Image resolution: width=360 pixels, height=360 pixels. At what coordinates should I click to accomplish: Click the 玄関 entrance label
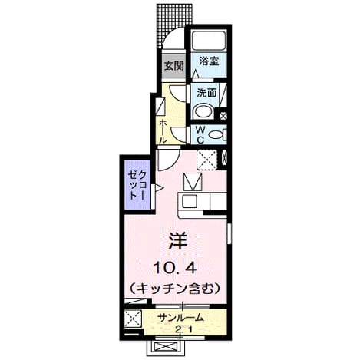coord(174,67)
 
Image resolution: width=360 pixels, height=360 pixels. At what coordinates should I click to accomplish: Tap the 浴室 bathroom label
coord(209,61)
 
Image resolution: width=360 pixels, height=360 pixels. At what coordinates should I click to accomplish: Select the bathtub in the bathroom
coord(209,40)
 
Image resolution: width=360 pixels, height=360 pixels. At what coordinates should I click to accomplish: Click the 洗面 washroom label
coord(206,93)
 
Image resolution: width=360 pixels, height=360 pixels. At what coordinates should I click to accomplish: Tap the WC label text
coord(200,135)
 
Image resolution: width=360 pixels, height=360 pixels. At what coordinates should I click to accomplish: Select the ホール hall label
coord(163,131)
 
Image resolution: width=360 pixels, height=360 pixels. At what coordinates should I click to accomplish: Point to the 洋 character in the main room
coord(177,241)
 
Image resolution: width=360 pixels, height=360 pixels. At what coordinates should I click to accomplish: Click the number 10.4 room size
coord(175,268)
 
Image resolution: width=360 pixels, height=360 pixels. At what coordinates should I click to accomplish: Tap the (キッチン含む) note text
coord(175,289)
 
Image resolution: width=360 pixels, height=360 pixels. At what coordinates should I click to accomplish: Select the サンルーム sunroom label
coord(180,318)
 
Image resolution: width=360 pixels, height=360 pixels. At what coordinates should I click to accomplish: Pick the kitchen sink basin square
coord(190,201)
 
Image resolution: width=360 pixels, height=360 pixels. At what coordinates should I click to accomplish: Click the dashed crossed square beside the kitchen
coord(206,160)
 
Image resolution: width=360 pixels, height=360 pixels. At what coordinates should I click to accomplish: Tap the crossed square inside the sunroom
coord(133,319)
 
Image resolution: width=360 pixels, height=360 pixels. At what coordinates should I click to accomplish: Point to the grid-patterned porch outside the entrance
coord(173,22)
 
